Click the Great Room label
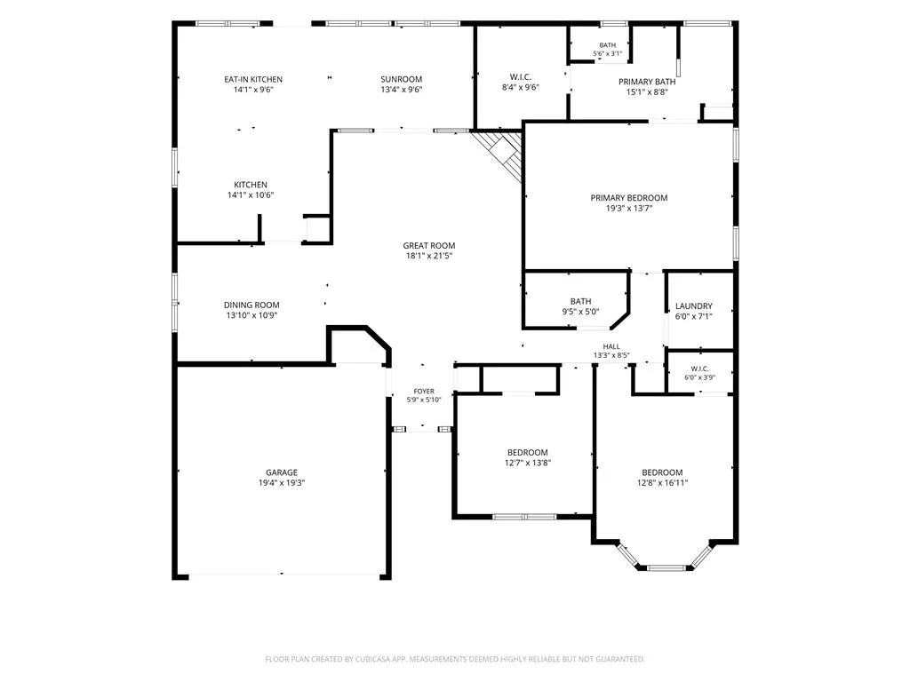pos(429,245)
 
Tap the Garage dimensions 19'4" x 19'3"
pos(282,482)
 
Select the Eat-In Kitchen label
pos(253,79)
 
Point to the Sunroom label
pos(401,79)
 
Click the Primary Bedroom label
pos(629,198)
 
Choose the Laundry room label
pos(693,306)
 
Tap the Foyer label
pos(424,392)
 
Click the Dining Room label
pos(251,305)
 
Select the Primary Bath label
pos(647,82)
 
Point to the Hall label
pos(611,347)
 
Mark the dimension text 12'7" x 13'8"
pos(528,463)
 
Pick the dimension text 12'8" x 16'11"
pos(662,482)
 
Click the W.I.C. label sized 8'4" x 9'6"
pos(521,77)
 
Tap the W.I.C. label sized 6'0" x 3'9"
pos(699,369)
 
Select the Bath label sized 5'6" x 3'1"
pos(608,45)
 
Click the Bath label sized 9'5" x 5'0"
pos(580,302)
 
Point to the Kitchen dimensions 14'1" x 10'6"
pos(250,194)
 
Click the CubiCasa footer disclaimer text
pos(455,660)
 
